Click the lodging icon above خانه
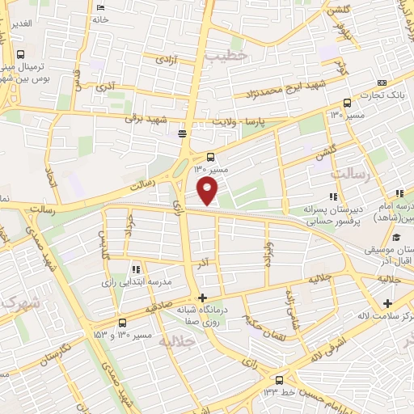(100, 8)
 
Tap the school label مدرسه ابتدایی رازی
(137, 281)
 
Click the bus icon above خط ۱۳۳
(279, 379)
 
